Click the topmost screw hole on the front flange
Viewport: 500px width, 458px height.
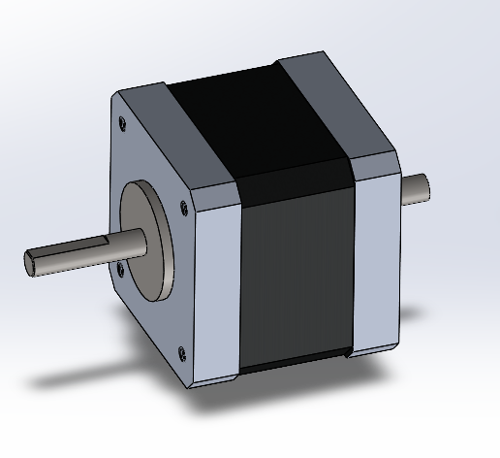click(x=122, y=123)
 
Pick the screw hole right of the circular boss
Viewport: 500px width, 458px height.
click(x=182, y=206)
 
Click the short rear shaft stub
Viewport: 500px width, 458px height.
click(x=414, y=188)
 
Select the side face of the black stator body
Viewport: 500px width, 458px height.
click(x=296, y=281)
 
